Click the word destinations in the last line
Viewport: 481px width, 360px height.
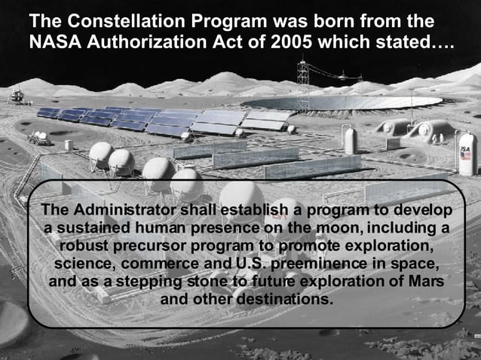tap(284, 299)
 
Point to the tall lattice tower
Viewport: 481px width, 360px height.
tap(303, 83)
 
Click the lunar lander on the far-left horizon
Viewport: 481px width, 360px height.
tap(17, 96)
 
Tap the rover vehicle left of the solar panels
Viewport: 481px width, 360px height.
tap(38, 139)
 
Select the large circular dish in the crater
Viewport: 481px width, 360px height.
tap(347, 102)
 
